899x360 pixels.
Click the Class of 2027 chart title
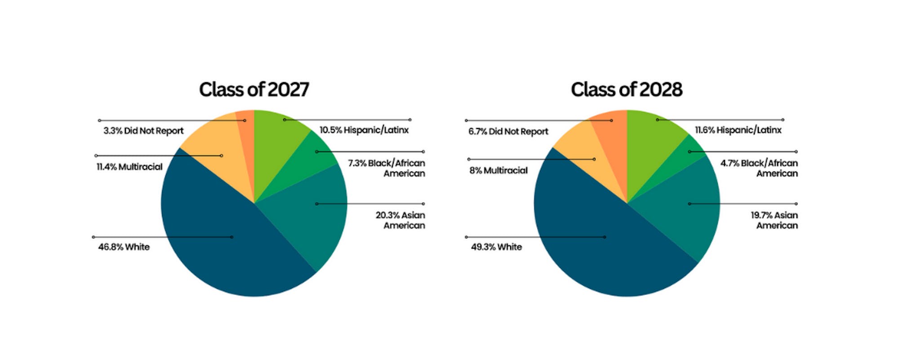click(254, 89)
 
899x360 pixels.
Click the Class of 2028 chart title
click(627, 89)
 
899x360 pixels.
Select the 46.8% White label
click(124, 247)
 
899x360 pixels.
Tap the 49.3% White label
click(496, 247)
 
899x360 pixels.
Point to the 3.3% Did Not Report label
click(143, 131)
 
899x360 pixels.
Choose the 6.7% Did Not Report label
click(508, 131)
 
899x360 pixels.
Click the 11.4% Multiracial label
click(129, 167)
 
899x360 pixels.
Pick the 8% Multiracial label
click(498, 170)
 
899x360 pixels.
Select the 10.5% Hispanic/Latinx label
click(364, 130)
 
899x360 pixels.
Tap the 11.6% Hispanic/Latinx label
click(738, 130)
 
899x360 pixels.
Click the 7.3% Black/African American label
click(387, 168)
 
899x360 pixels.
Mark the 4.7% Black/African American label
click(759, 168)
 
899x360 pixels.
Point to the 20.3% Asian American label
click(401, 220)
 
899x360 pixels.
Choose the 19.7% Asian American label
click(774, 220)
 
